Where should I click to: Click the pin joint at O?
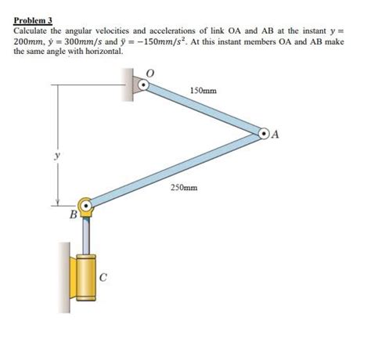point(142,82)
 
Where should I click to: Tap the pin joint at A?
point(266,135)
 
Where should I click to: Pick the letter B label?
point(73,214)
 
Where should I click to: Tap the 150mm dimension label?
point(204,92)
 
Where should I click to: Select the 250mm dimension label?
point(184,189)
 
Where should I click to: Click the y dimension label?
point(56,156)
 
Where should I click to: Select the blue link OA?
point(205,109)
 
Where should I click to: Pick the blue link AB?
point(176,171)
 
